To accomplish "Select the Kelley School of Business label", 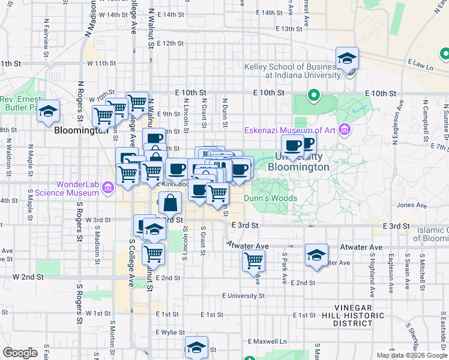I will (x=292, y=71).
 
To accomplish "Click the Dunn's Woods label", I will (x=270, y=198).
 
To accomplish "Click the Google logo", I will (x=20, y=353).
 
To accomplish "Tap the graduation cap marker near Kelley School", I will (x=347, y=59).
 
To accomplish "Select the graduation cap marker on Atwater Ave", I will (x=316, y=255).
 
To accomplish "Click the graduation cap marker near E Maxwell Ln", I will (x=196, y=347).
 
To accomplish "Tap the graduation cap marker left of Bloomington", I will (x=49, y=112).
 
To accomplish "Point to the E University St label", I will (x=243, y=296).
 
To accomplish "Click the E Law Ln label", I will (x=420, y=64).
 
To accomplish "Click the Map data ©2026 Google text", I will (x=411, y=355).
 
